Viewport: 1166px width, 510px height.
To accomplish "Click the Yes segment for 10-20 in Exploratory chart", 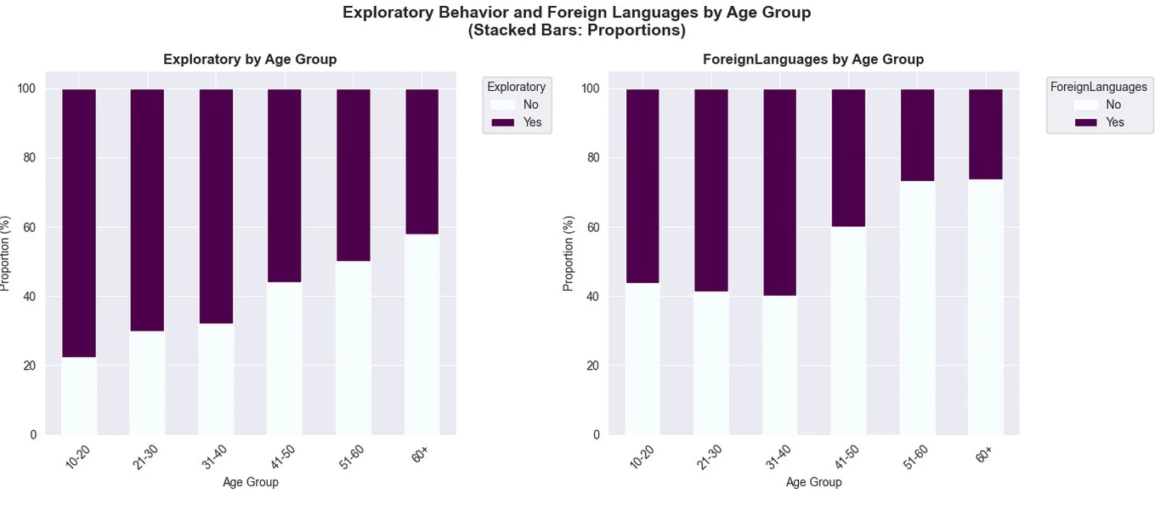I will pyautogui.click(x=78, y=223).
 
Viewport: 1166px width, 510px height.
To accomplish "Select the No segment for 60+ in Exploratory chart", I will pyautogui.click(x=422, y=334).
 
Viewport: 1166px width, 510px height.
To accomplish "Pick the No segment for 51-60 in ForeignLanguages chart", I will pyautogui.click(x=917, y=308).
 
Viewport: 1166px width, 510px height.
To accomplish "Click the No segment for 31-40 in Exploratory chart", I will pyautogui.click(x=216, y=379).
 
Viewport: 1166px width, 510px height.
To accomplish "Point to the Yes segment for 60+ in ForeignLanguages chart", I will pyautogui.click(x=985, y=133).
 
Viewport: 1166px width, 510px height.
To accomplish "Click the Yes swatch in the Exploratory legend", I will pyautogui.click(x=503, y=122).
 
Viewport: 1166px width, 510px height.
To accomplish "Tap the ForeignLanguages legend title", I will pyautogui.click(x=1098, y=87).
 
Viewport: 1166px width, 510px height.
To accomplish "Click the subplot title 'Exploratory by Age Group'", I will pyautogui.click(x=250, y=59).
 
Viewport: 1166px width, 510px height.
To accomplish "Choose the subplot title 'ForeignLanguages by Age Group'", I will pyautogui.click(x=813, y=59).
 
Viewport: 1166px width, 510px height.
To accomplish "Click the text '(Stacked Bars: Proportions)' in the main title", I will pyautogui.click(x=576, y=31).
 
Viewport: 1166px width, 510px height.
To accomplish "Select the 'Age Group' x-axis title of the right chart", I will pyautogui.click(x=813, y=482).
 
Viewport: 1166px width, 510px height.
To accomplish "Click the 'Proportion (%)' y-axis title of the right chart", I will pyautogui.click(x=569, y=252).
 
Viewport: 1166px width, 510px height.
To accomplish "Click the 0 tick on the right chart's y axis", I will pyautogui.click(x=597, y=434).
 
